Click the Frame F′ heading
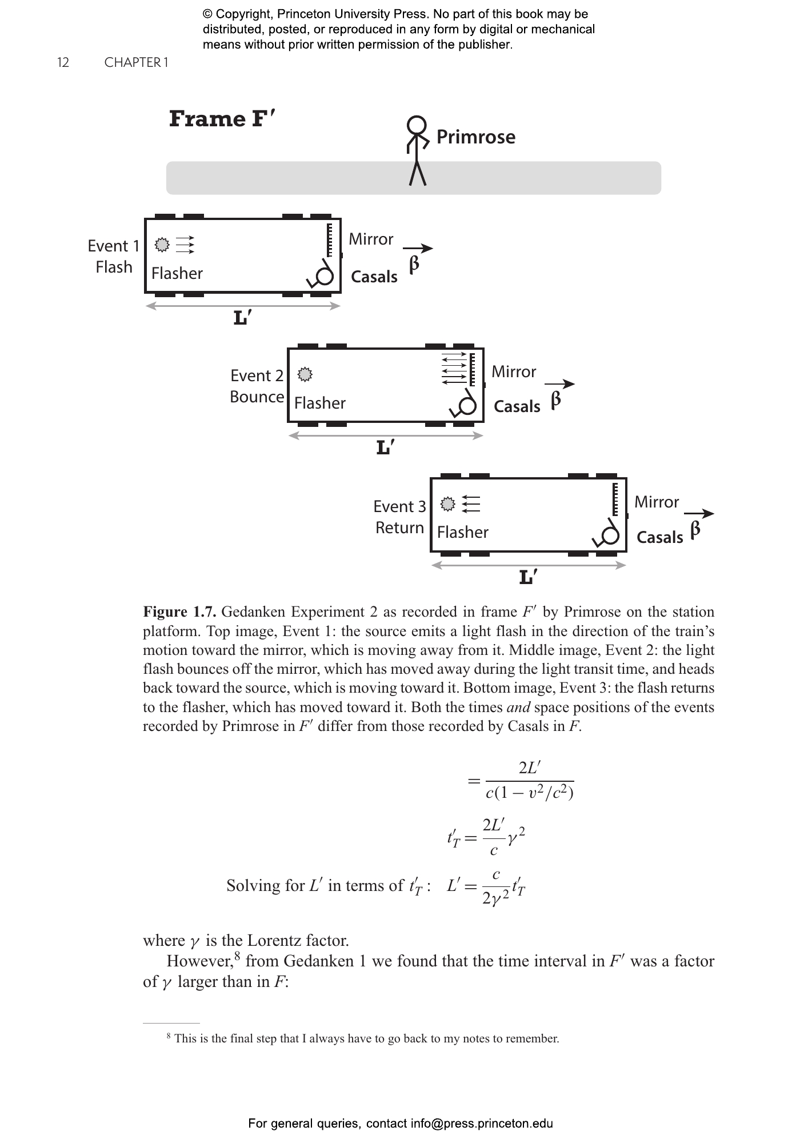tap(222, 119)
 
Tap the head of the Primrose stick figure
tap(417, 125)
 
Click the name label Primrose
tap(476, 137)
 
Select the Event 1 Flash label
tap(114, 257)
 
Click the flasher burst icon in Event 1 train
tap(163, 245)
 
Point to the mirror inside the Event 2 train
tap(472, 369)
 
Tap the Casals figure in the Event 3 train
tap(607, 533)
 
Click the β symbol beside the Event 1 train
tap(414, 265)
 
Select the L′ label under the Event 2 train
tap(386, 447)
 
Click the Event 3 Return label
tap(399, 517)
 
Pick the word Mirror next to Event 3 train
tap(657, 502)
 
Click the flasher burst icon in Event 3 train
tap(448, 504)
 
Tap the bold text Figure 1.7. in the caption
tap(179, 612)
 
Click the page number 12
tap(63, 62)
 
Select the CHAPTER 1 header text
tap(136, 62)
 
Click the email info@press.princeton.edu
tap(482, 1124)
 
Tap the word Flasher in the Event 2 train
tap(320, 403)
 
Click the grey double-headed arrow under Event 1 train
tap(243, 306)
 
